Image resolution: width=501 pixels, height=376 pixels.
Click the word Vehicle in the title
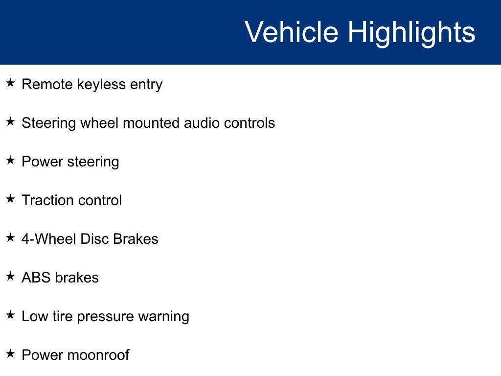(x=292, y=32)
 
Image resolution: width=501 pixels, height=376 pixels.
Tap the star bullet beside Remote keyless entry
(x=11, y=83)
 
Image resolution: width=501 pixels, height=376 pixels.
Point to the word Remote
(x=47, y=84)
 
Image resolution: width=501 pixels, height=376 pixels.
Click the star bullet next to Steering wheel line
(x=11, y=121)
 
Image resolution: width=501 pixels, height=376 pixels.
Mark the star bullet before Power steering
(x=11, y=160)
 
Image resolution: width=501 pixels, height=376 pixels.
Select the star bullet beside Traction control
(x=11, y=199)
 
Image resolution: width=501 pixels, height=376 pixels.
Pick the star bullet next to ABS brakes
(x=11, y=276)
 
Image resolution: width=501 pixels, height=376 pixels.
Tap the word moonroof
(x=98, y=355)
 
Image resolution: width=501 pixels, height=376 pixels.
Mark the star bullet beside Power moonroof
(x=11, y=353)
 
